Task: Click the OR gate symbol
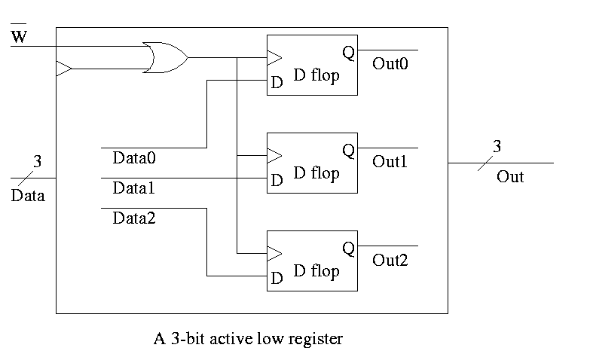pos(165,58)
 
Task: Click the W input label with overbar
pos(19,36)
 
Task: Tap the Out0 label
pos(390,64)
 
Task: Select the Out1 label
pos(390,161)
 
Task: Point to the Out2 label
pos(390,260)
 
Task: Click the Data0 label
pos(133,158)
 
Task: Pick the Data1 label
pos(133,188)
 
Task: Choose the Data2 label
pos(133,218)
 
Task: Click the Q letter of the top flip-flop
pos(347,53)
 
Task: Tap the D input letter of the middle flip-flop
pos(277,181)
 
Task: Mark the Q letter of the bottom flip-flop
pos(347,248)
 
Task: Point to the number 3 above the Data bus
pos(38,161)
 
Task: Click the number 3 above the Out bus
pos(496,147)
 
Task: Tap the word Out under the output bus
pos(510,177)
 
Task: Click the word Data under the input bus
pos(28,197)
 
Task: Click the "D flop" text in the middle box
pos(316,173)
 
